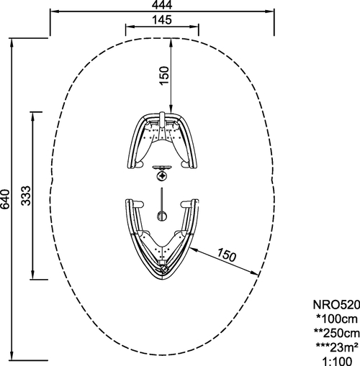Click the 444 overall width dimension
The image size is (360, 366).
162,5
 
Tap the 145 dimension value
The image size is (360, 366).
162,20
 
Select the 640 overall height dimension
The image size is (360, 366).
5,199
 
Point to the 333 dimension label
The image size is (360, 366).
26,196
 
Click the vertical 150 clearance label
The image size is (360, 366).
164,76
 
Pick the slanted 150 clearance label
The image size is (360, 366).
227,255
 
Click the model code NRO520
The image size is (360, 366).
336,305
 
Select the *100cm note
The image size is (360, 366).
337,319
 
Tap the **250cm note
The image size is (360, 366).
337,333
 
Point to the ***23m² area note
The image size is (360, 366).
337,347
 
